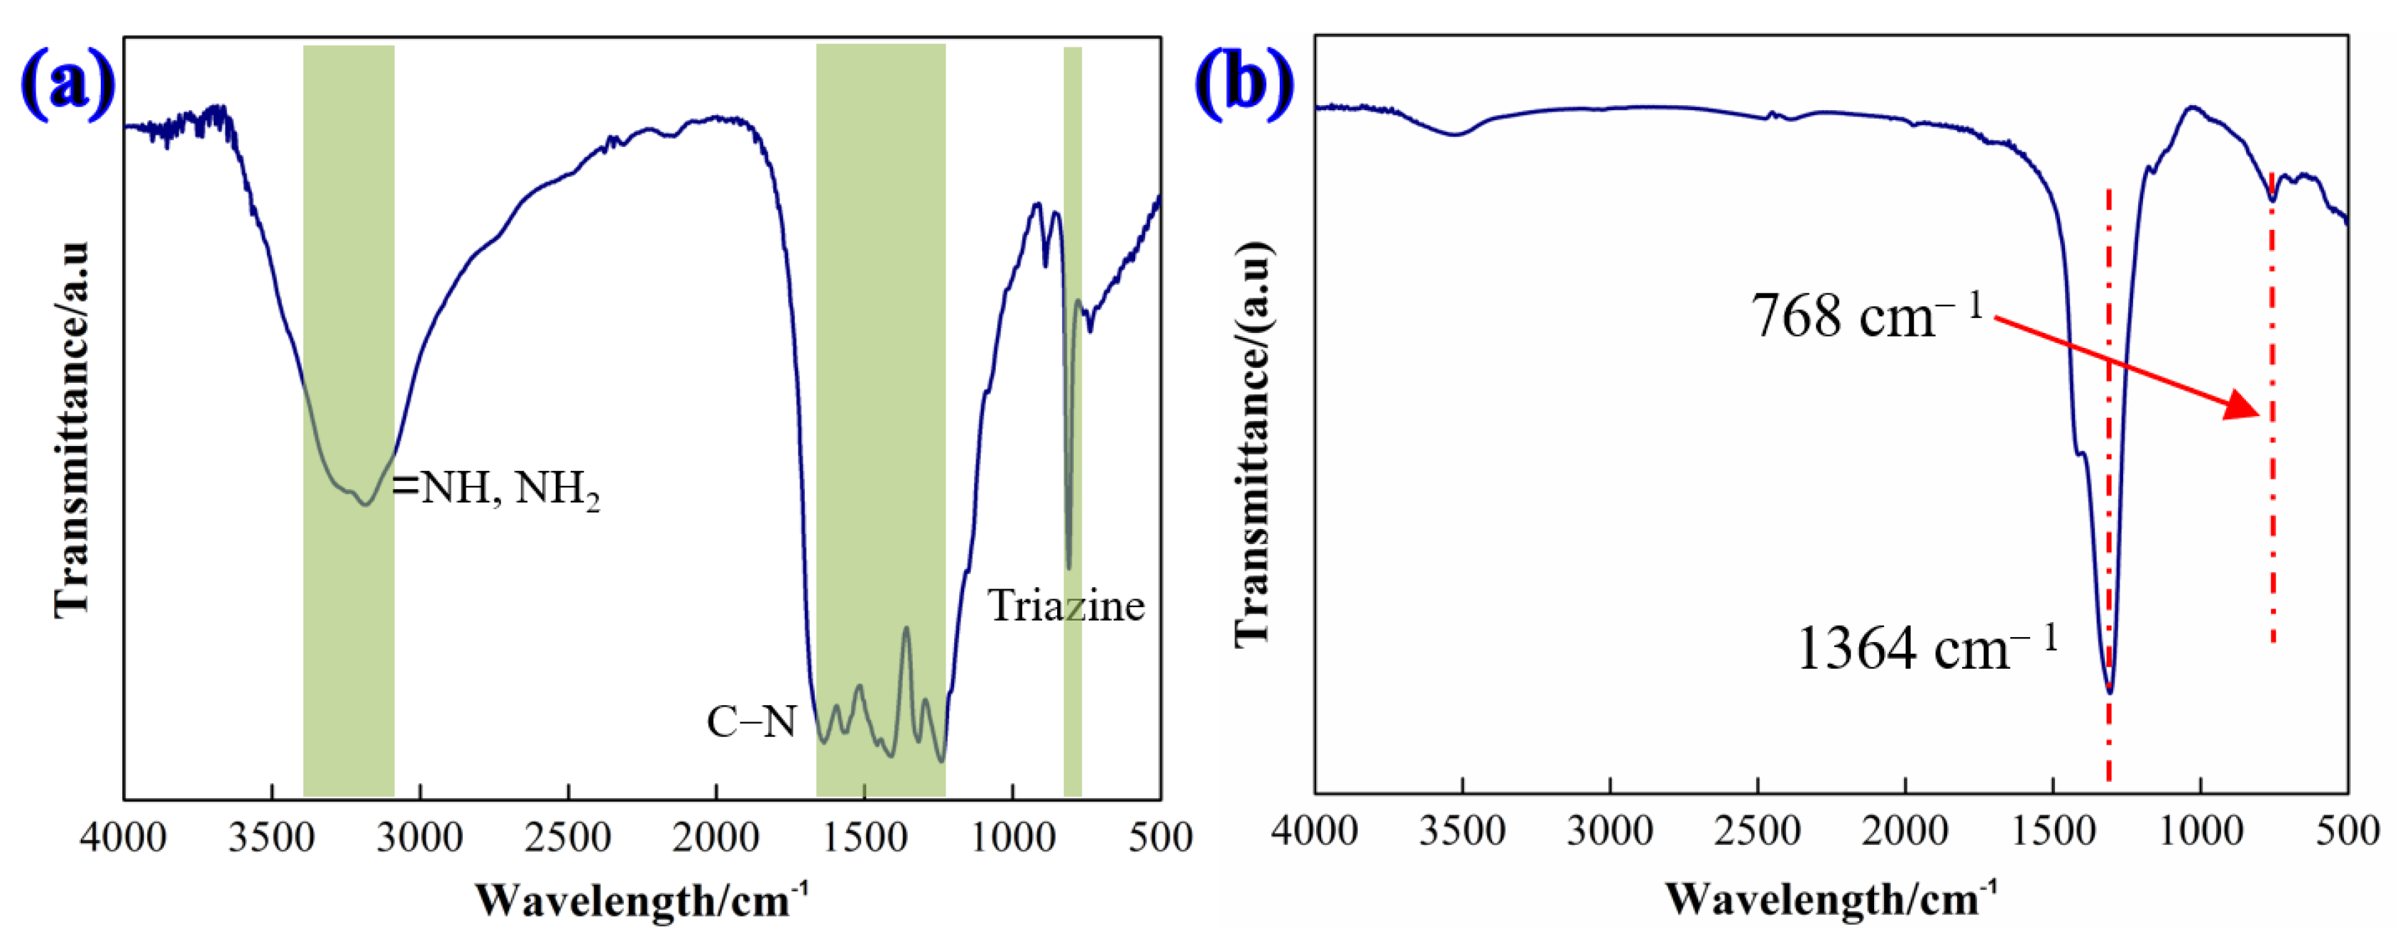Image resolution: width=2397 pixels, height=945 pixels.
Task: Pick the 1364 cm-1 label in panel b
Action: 1926,648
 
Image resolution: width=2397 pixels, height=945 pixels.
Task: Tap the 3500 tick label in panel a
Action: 272,838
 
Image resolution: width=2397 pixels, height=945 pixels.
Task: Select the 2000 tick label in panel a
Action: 715,838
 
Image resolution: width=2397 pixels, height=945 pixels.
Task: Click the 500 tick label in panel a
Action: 1160,838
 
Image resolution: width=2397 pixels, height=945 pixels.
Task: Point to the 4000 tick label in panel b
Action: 1315,830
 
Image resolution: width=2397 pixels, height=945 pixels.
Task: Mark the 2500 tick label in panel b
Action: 1758,830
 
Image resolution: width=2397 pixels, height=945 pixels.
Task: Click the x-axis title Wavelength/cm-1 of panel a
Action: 642,901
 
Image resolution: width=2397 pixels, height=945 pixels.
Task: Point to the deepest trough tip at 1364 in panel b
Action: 2109,692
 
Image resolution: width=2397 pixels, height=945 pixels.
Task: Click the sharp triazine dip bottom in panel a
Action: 1068,566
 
